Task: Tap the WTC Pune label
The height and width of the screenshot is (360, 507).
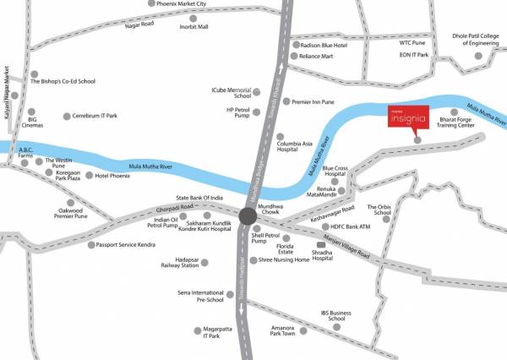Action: click(x=413, y=41)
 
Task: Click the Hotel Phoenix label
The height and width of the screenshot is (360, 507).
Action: click(x=112, y=176)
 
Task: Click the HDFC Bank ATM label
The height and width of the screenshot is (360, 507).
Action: click(x=351, y=226)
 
